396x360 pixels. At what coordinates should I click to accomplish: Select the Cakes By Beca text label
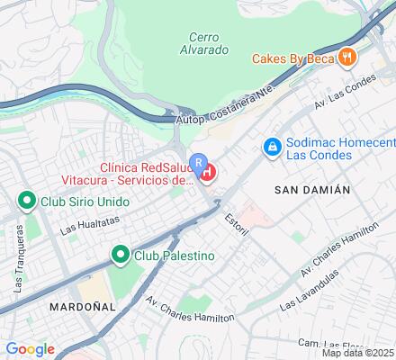(x=292, y=58)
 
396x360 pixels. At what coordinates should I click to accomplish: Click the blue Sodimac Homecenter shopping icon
(x=270, y=145)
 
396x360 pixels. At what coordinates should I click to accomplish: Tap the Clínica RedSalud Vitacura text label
(x=146, y=174)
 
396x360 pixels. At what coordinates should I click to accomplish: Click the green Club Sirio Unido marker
(x=27, y=201)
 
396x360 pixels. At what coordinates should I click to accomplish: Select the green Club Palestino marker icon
(x=119, y=256)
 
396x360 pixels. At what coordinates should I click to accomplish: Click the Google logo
(x=30, y=349)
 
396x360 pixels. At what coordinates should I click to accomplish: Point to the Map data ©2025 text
(x=358, y=352)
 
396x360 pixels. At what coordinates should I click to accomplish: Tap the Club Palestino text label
(x=175, y=256)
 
